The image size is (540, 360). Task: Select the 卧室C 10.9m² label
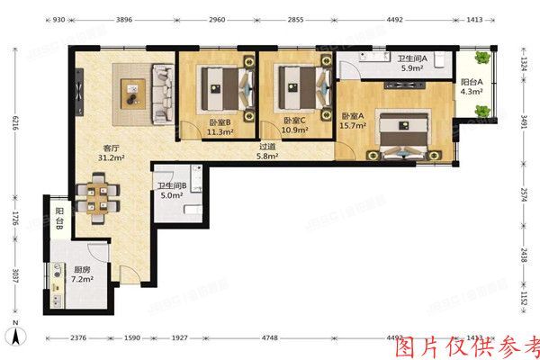pos(295,125)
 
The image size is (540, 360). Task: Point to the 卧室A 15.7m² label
pos(353,121)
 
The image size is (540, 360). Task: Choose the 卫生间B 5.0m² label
pos(171,189)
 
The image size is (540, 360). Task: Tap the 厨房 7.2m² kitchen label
pos(82,274)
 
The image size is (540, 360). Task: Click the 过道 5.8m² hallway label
pos(267,151)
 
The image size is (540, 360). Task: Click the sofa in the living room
pos(162,93)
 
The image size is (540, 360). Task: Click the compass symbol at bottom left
pos(15,337)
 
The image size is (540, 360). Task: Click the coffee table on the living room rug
pos(133,89)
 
